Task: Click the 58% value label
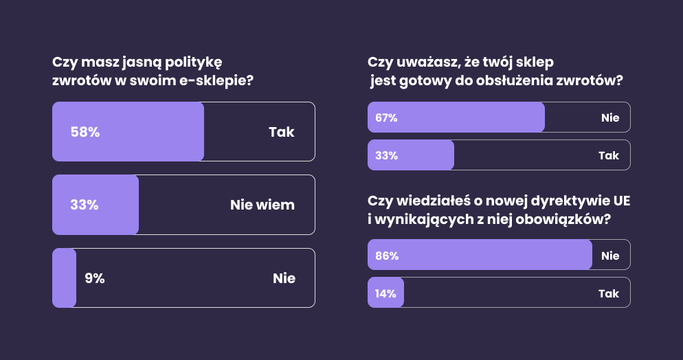click(x=85, y=132)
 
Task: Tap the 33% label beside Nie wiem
click(x=85, y=205)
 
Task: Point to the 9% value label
click(x=95, y=278)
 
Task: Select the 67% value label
click(x=387, y=117)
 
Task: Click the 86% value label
click(x=387, y=256)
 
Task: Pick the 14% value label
click(x=385, y=293)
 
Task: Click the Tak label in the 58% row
click(x=281, y=132)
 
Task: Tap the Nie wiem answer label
click(x=262, y=205)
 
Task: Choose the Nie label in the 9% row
click(x=284, y=278)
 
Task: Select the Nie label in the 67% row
click(x=610, y=117)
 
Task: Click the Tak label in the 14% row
click(x=609, y=293)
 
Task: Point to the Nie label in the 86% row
click(x=610, y=256)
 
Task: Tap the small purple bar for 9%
click(x=64, y=278)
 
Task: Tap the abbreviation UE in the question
click(x=619, y=201)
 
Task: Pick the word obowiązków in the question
click(x=572, y=221)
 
